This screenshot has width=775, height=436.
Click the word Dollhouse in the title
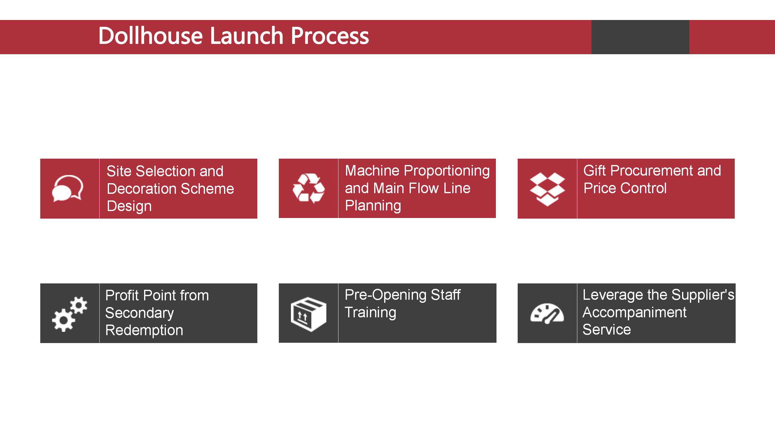click(150, 35)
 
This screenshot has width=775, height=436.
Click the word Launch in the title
click(247, 35)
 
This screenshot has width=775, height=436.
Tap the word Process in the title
click(330, 36)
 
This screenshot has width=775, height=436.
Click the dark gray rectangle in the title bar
click(640, 37)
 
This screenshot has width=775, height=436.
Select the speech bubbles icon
click(68, 188)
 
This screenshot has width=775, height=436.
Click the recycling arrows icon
click(308, 188)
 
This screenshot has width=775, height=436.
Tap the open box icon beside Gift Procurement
click(547, 189)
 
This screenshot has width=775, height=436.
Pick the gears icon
click(70, 314)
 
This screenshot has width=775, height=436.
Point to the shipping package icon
click(308, 314)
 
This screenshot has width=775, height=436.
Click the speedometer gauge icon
click(547, 314)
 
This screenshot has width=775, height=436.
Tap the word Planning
click(373, 206)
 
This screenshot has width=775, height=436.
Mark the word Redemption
click(144, 330)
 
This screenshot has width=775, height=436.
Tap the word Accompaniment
click(635, 312)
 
